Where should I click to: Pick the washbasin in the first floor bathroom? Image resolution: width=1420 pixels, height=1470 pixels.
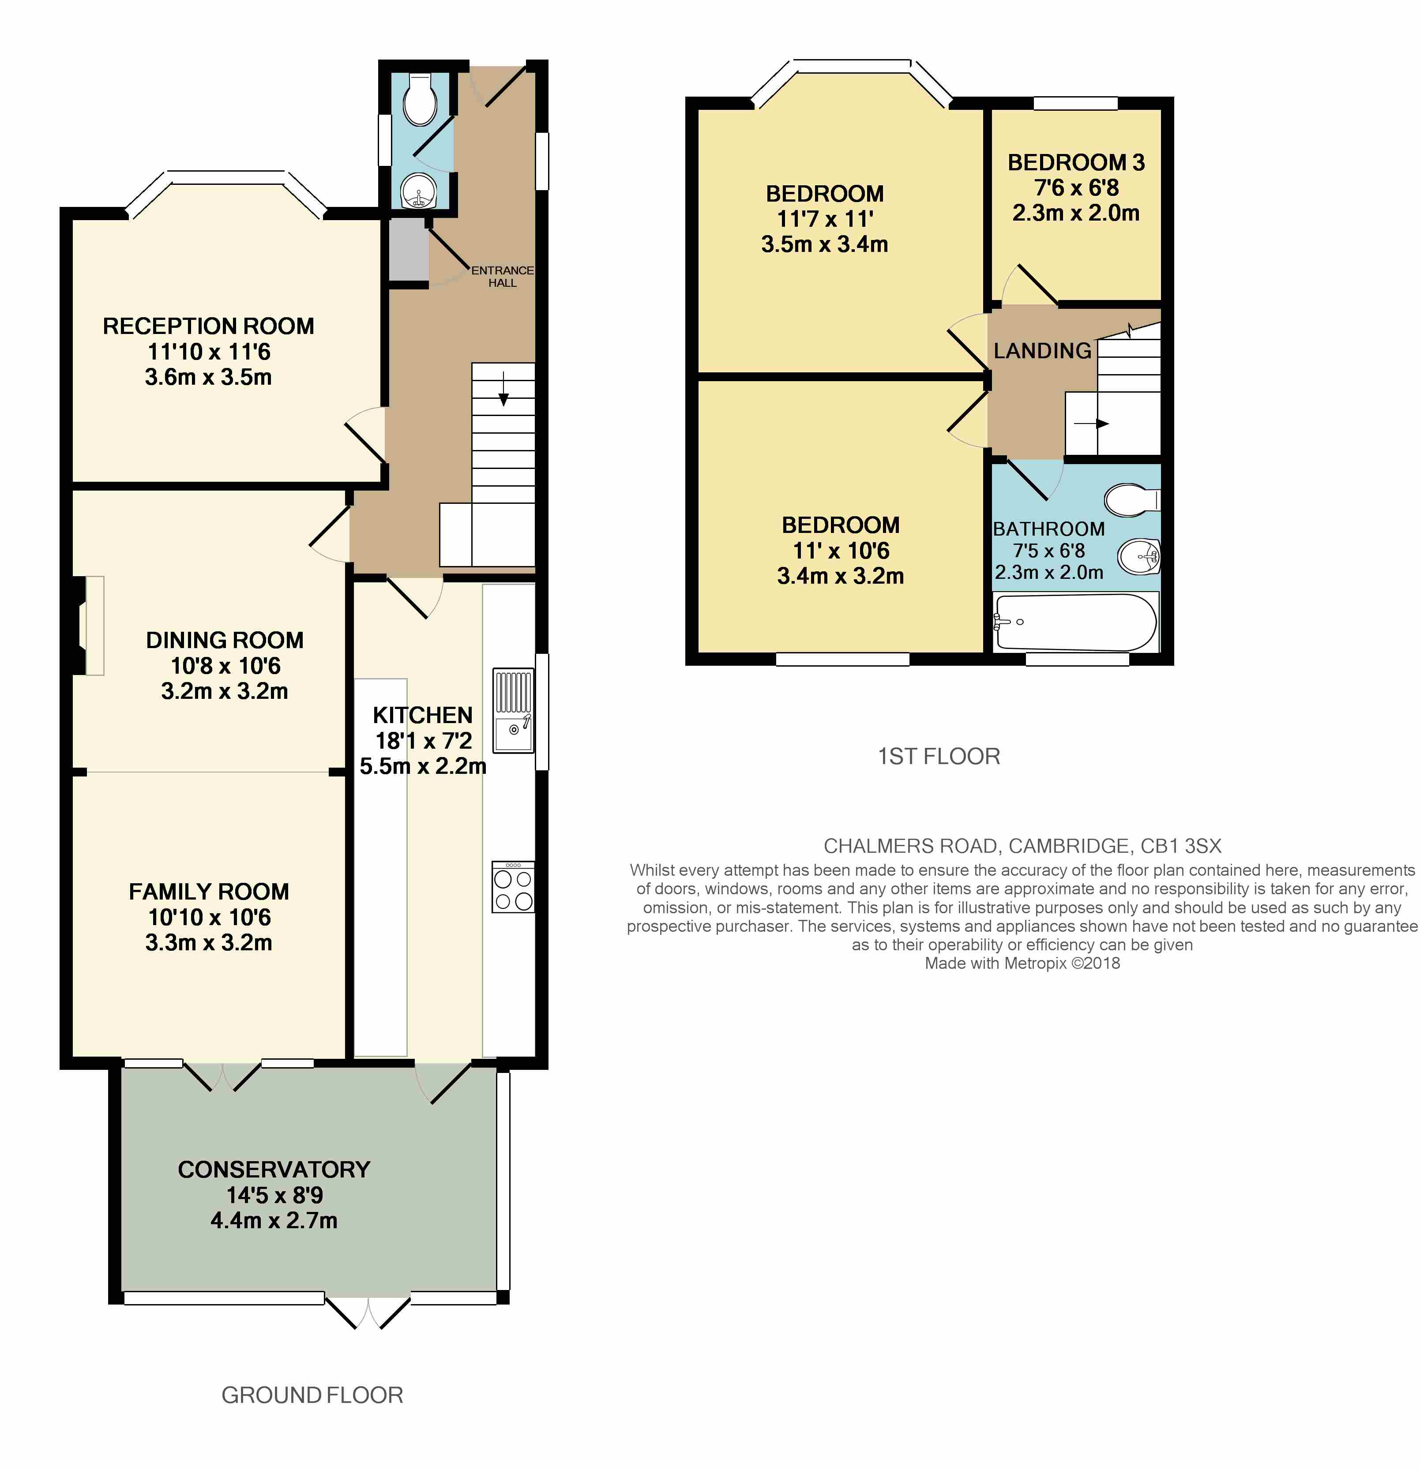1139,556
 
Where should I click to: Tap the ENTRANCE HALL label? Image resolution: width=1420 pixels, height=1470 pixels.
503,276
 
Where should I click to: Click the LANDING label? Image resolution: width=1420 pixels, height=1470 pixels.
1042,350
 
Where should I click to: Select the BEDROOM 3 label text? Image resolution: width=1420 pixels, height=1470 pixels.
1076,162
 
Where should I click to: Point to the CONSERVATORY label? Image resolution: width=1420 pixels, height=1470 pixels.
274,1169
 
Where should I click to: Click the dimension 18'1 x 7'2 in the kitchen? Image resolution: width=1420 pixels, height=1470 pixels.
423,740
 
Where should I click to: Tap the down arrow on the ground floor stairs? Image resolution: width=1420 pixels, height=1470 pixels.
503,389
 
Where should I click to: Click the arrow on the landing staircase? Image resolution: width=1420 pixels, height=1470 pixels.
1091,424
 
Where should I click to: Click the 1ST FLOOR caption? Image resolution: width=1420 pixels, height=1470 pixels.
939,756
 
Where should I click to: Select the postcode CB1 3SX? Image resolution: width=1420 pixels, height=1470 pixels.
1181,846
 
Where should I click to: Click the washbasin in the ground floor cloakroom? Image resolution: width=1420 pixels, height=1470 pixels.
419,191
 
